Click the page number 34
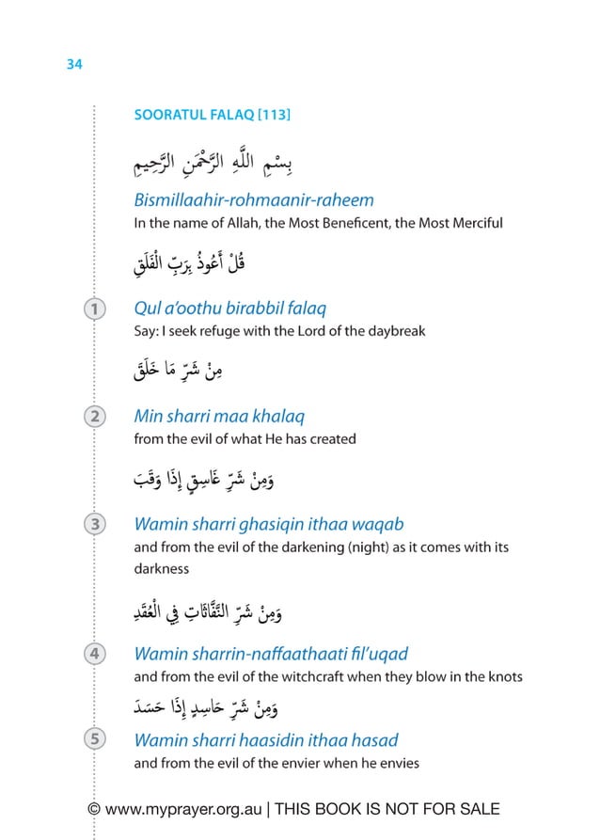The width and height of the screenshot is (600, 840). (x=74, y=65)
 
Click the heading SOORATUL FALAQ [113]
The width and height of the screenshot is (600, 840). (x=212, y=115)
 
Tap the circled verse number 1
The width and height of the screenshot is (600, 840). (x=94, y=309)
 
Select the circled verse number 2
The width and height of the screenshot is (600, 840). (x=94, y=416)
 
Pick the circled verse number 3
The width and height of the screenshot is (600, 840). (x=94, y=524)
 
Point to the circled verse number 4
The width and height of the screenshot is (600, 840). (x=94, y=653)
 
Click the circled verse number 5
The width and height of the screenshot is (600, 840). (x=94, y=739)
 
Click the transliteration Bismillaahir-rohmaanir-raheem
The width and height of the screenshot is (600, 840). (x=254, y=200)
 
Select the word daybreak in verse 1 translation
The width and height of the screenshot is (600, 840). (x=393, y=331)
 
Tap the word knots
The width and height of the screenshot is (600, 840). (x=503, y=676)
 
